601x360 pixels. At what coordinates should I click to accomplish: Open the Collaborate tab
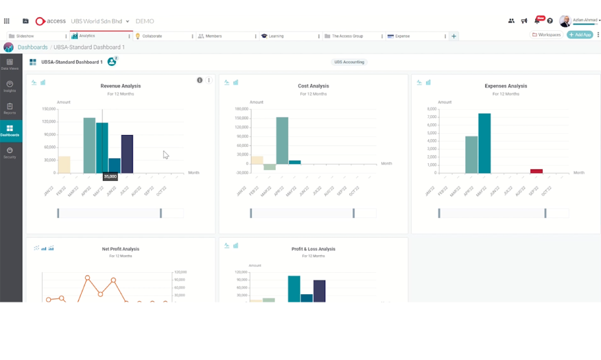(x=152, y=36)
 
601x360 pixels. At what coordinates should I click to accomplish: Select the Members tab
(x=213, y=36)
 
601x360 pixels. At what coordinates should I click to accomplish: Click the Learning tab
(x=276, y=36)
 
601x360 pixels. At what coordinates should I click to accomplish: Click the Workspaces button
(x=546, y=34)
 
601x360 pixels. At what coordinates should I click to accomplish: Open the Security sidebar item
(x=10, y=152)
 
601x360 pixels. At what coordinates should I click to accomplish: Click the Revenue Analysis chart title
(x=120, y=86)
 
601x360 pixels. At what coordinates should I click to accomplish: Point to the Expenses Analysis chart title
(x=506, y=86)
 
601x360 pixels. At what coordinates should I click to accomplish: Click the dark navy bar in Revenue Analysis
(x=127, y=154)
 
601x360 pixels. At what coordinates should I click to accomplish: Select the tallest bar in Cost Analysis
(x=282, y=141)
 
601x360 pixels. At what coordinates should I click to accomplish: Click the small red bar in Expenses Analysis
(x=537, y=171)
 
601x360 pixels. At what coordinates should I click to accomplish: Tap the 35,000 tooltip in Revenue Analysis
(x=110, y=176)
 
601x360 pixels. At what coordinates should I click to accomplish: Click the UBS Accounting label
(x=349, y=62)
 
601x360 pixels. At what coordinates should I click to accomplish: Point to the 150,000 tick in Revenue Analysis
(x=48, y=108)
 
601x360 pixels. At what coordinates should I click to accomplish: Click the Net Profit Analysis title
(x=120, y=249)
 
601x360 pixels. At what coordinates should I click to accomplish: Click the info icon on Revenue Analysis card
(x=200, y=80)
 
